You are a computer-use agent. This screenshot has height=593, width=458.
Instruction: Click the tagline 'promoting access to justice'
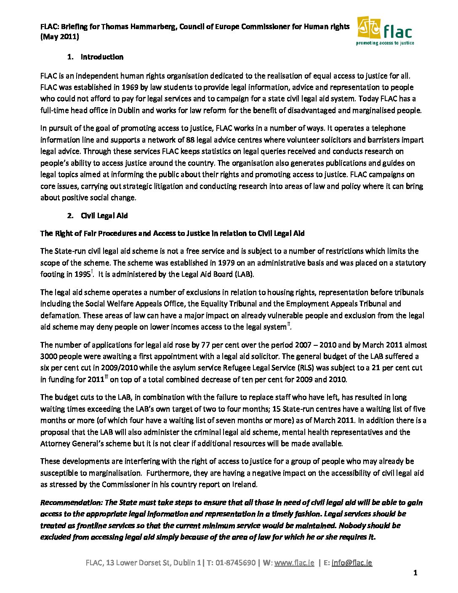[385, 43]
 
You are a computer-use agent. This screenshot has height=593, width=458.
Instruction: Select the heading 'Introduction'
[102, 57]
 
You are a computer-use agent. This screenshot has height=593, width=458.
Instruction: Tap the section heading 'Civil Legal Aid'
[104, 216]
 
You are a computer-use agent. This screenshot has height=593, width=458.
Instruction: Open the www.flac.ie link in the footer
[294, 563]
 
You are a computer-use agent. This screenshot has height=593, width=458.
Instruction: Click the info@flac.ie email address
[351, 563]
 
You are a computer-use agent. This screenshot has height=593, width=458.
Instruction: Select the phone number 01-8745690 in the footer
[235, 563]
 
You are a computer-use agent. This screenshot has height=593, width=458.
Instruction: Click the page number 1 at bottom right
[415, 573]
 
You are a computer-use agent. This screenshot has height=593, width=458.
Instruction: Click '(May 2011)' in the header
[59, 37]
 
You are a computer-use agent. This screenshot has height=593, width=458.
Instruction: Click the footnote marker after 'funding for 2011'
[107, 377]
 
